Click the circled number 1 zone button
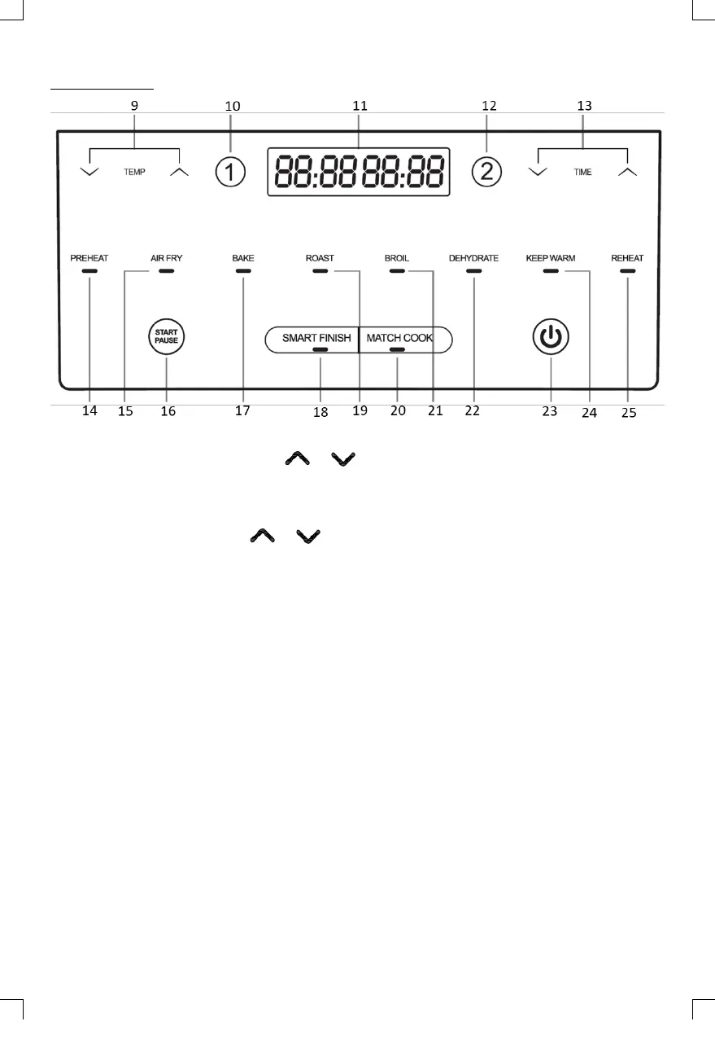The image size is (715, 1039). point(230,172)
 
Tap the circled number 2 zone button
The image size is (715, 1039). point(488,172)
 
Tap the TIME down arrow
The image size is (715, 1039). point(536,172)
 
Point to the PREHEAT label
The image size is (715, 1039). point(89,258)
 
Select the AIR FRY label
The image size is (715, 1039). point(167,258)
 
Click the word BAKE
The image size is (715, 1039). point(243,258)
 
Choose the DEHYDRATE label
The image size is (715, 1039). point(473,258)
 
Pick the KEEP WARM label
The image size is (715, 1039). point(551,258)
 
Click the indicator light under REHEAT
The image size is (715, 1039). point(627,270)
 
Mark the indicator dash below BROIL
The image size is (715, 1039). point(397,270)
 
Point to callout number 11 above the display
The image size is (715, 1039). point(360,106)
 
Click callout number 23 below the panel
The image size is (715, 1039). point(550,411)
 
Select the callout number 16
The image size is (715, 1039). point(168,411)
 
